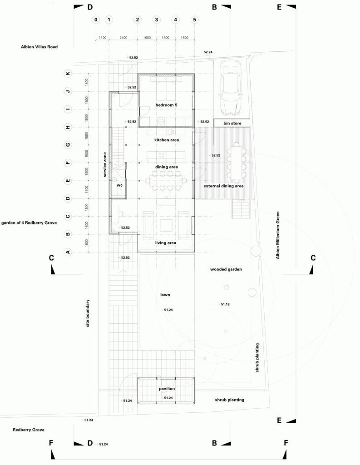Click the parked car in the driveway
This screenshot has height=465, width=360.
coord(231,88)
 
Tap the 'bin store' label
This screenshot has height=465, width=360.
coord(232,123)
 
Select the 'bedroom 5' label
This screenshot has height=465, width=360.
coord(166,105)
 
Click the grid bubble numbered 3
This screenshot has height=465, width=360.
coord(157,20)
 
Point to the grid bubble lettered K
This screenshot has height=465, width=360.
coord(68,73)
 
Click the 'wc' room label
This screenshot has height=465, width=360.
coord(119,185)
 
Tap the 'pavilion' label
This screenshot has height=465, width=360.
coord(167,389)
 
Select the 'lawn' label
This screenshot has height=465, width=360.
coord(165,294)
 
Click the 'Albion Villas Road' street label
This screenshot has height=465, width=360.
coord(39,47)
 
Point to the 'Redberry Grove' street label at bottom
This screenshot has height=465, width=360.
coord(29,430)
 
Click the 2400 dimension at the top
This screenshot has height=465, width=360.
coord(123,38)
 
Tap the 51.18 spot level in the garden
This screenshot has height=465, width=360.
coord(225,304)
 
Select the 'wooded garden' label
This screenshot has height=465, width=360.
coord(226,269)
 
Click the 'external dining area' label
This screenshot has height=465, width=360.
coord(224,186)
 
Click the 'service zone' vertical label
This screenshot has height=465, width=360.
coord(105,164)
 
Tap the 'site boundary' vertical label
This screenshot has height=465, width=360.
coord(88,313)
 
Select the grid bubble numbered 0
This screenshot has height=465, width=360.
coord(96,20)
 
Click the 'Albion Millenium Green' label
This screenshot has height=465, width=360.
coord(278,235)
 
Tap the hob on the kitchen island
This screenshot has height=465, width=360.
coord(162,155)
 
